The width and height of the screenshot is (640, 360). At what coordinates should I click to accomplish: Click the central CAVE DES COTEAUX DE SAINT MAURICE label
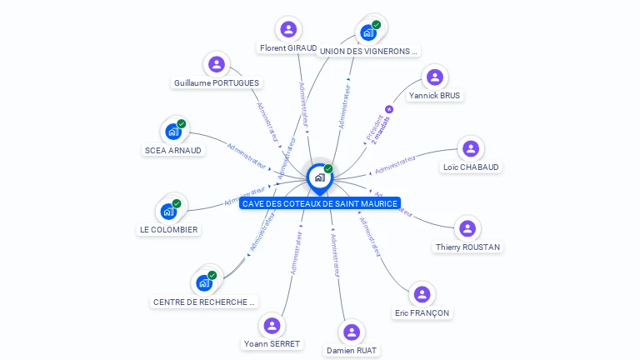(320, 203)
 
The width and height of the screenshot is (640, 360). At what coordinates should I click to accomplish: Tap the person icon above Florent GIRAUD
(288, 30)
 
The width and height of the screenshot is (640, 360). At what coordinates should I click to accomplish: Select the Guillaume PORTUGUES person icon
(217, 64)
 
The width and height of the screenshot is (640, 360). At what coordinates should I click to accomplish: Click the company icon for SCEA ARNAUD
(173, 132)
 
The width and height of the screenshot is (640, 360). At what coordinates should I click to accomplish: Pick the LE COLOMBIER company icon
(168, 212)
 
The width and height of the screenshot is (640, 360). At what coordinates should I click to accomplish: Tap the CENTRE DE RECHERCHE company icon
(204, 283)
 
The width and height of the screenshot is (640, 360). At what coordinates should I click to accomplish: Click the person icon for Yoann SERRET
(272, 325)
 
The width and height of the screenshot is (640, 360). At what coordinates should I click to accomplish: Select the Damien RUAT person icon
(352, 332)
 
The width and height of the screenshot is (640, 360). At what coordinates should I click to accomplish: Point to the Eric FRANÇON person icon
(422, 294)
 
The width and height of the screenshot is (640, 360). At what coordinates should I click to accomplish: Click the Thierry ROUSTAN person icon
(467, 228)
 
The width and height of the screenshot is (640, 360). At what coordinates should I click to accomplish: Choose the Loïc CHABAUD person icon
(471, 149)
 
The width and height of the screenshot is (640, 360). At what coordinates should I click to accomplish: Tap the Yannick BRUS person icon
(434, 77)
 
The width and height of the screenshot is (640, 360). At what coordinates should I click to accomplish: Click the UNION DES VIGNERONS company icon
(368, 33)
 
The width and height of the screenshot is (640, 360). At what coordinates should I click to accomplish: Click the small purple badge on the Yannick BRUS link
(389, 109)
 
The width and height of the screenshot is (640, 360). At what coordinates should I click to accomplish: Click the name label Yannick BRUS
(434, 96)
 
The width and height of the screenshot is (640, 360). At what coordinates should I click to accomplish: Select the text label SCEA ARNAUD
(172, 151)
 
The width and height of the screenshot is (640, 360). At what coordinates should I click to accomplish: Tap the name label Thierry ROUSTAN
(467, 247)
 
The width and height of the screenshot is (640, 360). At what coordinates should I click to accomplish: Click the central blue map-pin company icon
(319, 177)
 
